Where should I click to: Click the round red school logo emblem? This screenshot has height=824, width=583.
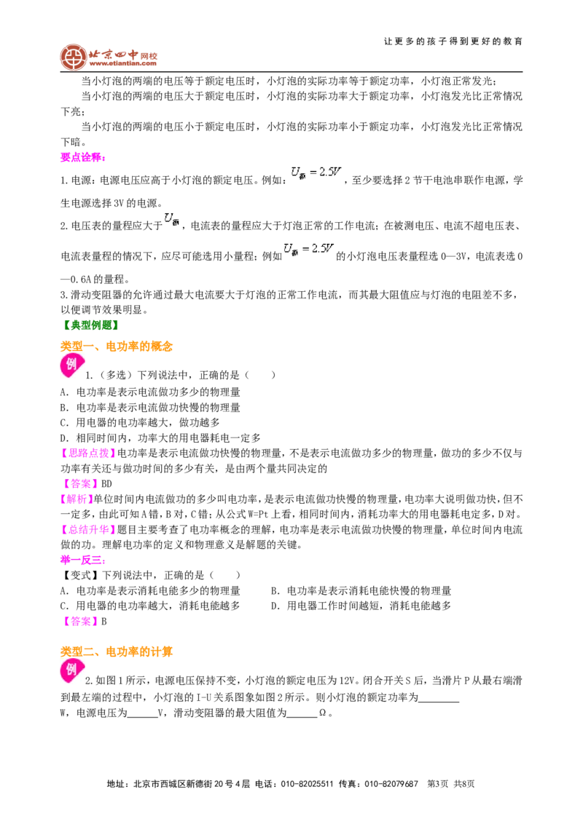[73, 57]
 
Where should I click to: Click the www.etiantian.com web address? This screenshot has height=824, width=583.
[123, 63]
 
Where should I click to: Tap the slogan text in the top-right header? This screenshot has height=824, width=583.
[453, 41]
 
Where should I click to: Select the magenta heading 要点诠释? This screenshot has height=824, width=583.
[83, 157]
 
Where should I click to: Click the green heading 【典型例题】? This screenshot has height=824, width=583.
[90, 325]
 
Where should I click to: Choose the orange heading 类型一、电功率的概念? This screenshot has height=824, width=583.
[117, 346]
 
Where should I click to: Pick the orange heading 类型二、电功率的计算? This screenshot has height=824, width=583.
[117, 651]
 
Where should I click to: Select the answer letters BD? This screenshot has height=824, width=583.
[106, 484]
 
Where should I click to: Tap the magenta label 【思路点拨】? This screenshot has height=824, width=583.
[88, 453]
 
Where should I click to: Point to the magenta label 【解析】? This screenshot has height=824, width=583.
[77, 499]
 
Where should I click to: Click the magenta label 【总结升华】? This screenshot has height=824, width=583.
[88, 529]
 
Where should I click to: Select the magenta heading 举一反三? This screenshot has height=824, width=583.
[83, 560]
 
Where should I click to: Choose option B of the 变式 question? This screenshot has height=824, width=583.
[361, 590]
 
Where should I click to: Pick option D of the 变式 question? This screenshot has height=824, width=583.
[361, 606]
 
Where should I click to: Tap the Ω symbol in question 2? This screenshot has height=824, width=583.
[323, 713]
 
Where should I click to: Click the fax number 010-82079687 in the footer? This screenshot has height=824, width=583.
[391, 784]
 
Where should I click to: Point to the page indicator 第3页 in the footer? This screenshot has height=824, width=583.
[438, 784]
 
